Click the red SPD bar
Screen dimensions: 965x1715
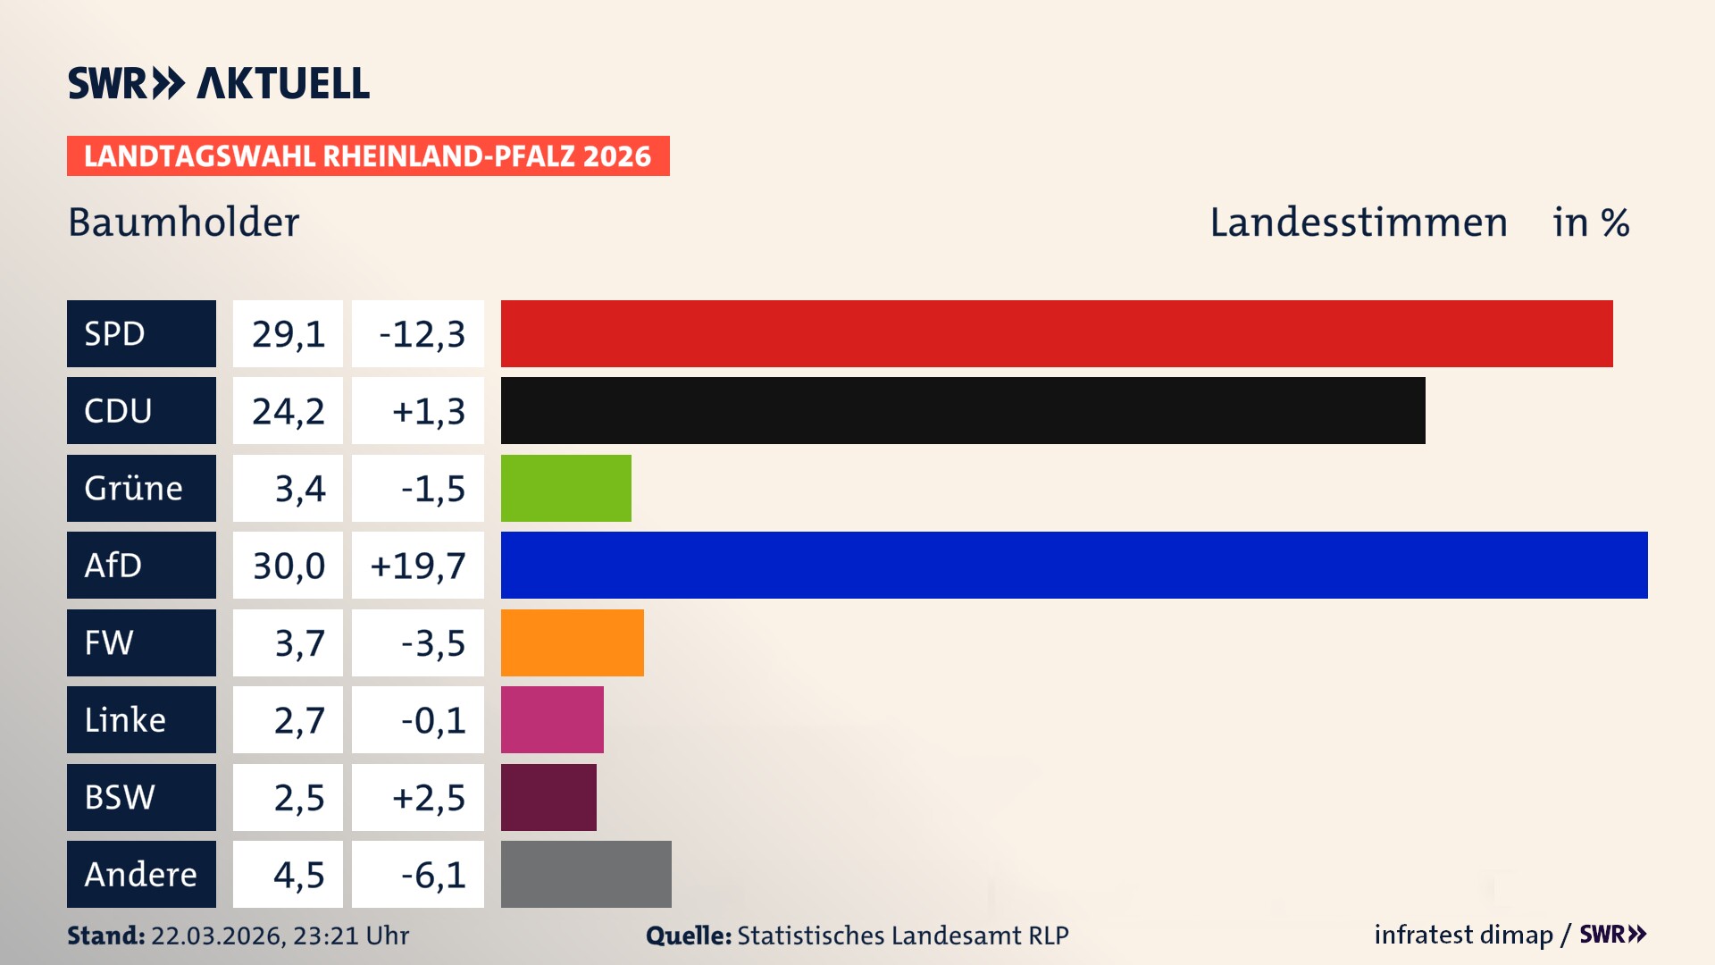[1057, 333]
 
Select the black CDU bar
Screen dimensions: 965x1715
[963, 411]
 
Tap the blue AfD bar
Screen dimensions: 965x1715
[1074, 565]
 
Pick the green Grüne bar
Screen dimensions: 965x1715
[565, 488]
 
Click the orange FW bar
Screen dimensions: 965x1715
[572, 642]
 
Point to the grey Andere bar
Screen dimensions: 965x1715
[586, 874]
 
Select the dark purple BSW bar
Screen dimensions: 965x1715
[548, 797]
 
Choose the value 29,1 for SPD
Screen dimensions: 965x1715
[288, 334]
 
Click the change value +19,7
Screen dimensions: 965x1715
[418, 566]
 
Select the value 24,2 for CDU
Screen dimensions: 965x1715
[288, 411]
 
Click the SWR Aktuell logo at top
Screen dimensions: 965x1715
[219, 83]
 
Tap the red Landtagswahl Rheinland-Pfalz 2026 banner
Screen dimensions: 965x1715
[368, 156]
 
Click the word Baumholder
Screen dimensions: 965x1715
[184, 222]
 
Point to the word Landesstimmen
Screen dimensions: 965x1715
[1358, 222]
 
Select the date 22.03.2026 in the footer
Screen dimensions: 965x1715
[216, 936]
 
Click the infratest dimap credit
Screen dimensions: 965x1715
[1463, 935]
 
